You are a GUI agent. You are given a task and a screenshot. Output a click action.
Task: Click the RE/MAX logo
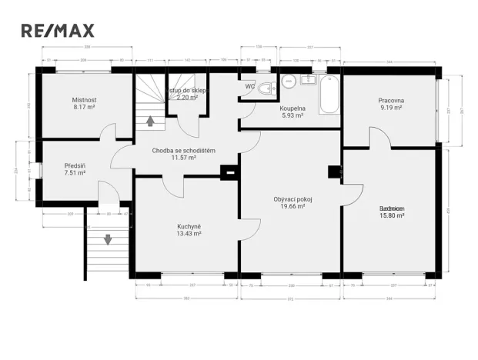pyautogui.click(x=58, y=31)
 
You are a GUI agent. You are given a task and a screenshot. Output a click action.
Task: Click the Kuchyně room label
pyautogui.click(x=189, y=226)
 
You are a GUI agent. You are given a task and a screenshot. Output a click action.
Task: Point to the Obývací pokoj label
pyautogui.click(x=292, y=198)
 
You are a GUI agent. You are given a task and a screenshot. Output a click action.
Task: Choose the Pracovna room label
pyautogui.click(x=391, y=101)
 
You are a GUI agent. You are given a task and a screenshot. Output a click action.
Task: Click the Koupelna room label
pyautogui.click(x=292, y=108)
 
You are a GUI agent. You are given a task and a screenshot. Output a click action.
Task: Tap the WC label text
pyautogui.click(x=249, y=86)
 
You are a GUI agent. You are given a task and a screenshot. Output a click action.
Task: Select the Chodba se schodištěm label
pyautogui.click(x=183, y=150)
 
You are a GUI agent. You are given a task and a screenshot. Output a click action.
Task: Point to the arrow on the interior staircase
pyautogui.click(x=150, y=120)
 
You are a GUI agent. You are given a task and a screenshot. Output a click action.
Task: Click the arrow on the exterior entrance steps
pyautogui.click(x=108, y=239)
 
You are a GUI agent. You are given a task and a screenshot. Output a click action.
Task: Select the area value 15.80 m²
pyautogui.click(x=392, y=216)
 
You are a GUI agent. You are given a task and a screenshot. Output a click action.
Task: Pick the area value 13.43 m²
pyautogui.click(x=189, y=234)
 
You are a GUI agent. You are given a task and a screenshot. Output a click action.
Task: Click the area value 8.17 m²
pyautogui.click(x=84, y=108)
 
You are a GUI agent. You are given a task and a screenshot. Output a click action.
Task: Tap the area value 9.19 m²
pyautogui.click(x=391, y=108)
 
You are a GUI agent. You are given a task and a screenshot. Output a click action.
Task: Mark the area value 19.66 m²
pyautogui.click(x=292, y=206)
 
